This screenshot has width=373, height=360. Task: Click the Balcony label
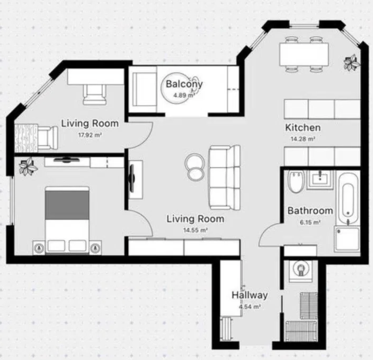pyautogui.click(x=184, y=84)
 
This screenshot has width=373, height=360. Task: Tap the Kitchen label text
pyautogui.click(x=303, y=128)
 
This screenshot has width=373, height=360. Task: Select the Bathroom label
pyautogui.click(x=310, y=211)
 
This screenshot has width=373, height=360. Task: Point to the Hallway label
pyautogui.click(x=250, y=295)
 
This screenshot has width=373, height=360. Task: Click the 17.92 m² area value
pyautogui.click(x=90, y=135)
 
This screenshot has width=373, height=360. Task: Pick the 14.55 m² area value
pyautogui.click(x=195, y=230)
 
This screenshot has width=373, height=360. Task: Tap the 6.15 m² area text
pyautogui.click(x=310, y=222)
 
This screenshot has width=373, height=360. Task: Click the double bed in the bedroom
pyautogui.click(x=67, y=220)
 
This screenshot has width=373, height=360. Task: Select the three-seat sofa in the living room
pyautogui.click(x=224, y=177)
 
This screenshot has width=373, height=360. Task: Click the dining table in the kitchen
pyautogui.click(x=304, y=54)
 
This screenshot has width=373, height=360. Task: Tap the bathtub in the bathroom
pyautogui.click(x=348, y=198)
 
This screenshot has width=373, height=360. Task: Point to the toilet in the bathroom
pyautogui.click(x=296, y=181)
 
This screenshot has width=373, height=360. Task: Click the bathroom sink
pyautogui.click(x=320, y=179)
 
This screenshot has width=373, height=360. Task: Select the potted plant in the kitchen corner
pyautogui.click(x=352, y=63)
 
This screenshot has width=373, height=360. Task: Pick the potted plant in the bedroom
pyautogui.click(x=28, y=166)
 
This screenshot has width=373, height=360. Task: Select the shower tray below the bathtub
pyautogui.click(x=347, y=239)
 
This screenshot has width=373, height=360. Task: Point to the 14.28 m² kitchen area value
pyautogui.click(x=303, y=139)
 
